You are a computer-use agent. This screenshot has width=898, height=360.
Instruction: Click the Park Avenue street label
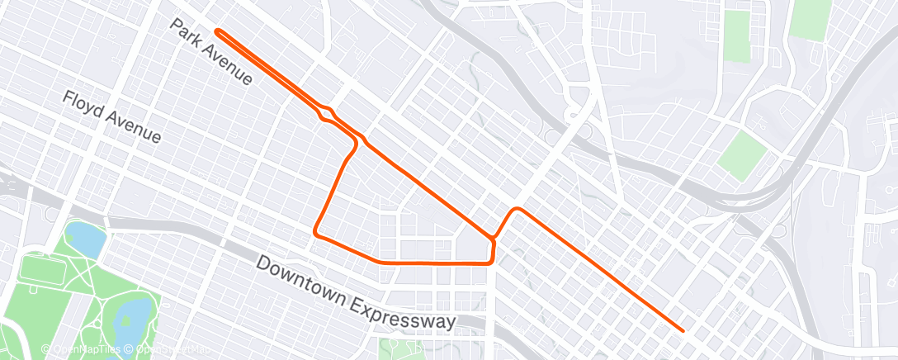click(x=211, y=52)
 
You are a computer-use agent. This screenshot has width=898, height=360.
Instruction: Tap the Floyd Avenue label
click(x=111, y=117)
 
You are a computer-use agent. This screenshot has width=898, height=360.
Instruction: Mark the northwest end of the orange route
click(x=217, y=31)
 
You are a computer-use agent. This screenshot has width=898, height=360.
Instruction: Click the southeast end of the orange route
click(x=683, y=330)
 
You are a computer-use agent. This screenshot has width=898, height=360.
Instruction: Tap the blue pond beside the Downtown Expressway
click(x=85, y=239)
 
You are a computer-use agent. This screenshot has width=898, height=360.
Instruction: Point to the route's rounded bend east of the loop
click(x=517, y=211)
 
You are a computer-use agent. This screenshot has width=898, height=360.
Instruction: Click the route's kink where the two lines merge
click(x=327, y=112)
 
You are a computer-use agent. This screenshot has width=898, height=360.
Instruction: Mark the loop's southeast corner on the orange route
click(x=492, y=260)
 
